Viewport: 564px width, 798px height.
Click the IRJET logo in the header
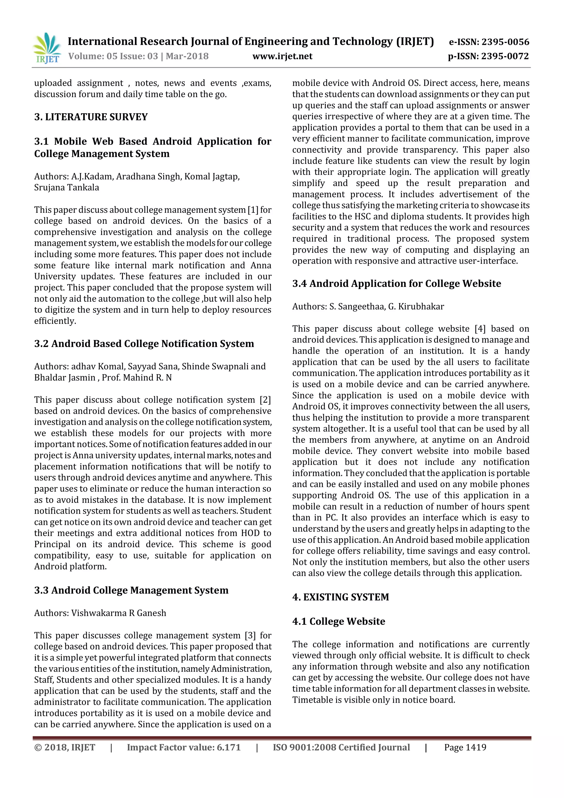click(47, 48)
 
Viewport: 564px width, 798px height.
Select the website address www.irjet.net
click(282, 56)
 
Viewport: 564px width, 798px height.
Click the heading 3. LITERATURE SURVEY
click(91, 117)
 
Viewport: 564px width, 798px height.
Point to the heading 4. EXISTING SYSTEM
click(340, 597)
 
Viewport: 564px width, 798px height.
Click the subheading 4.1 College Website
click(339, 621)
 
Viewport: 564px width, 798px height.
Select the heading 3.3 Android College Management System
click(131, 590)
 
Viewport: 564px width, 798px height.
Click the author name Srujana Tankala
click(67, 188)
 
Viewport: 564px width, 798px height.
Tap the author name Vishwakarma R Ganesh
click(119, 613)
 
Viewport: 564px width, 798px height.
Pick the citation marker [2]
click(265, 400)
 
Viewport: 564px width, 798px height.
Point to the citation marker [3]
click(250, 635)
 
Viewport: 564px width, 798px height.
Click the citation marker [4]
click(480, 329)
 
